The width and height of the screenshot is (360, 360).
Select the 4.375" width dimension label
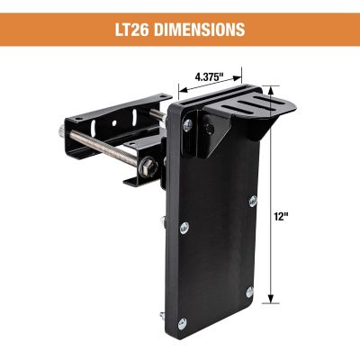point(213,77)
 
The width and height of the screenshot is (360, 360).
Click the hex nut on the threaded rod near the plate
point(146,164)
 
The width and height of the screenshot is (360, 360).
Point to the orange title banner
point(180,30)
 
